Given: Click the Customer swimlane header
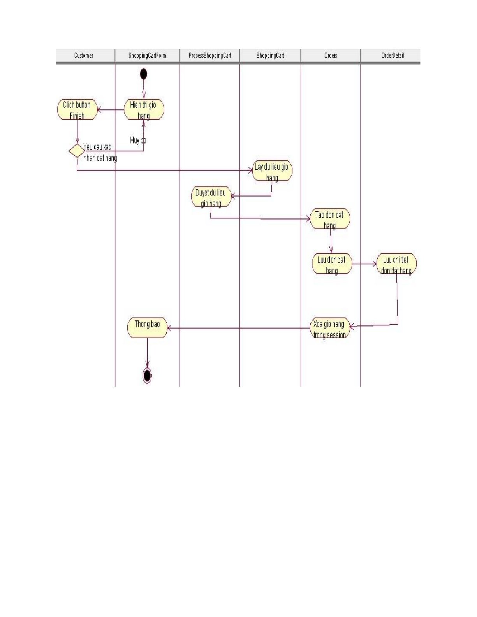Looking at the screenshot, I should click(x=84, y=55).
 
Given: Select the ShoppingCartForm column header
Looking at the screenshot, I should click(x=147, y=55).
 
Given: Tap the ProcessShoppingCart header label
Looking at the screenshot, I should click(x=210, y=55).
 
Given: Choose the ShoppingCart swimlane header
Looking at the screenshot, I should click(x=270, y=55).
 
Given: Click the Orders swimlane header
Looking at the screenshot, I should click(x=331, y=55).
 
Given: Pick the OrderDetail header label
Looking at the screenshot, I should click(x=393, y=55).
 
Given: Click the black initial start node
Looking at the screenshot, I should click(x=144, y=74).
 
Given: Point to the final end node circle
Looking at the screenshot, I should click(x=147, y=375).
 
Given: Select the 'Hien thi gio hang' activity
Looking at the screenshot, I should click(x=144, y=110).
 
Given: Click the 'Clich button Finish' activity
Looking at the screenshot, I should click(x=77, y=110).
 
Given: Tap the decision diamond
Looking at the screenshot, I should click(x=76, y=151).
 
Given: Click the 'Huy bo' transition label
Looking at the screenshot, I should click(x=138, y=140).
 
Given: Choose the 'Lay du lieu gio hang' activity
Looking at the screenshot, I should click(x=272, y=171).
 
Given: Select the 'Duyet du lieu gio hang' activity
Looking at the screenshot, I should click(x=211, y=197).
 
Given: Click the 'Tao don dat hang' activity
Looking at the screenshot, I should click(x=330, y=219).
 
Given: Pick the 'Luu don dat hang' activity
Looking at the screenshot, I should click(x=331, y=264).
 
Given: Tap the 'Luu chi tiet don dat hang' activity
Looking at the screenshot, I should click(x=396, y=264).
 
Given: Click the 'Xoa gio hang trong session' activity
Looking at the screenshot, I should click(x=329, y=329).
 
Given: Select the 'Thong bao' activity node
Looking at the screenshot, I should click(x=147, y=328).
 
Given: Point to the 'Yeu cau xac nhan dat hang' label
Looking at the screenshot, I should click(x=100, y=152).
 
